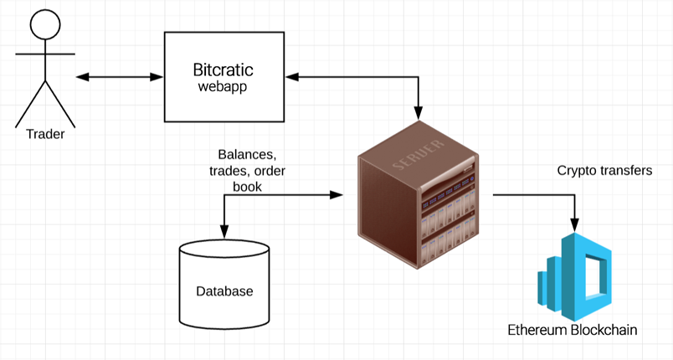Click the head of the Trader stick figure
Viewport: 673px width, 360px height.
[45, 23]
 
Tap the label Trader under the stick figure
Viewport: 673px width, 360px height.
[45, 134]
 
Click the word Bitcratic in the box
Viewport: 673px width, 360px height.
[222, 69]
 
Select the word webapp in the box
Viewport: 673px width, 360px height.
[222, 86]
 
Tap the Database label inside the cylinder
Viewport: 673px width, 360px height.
[224, 291]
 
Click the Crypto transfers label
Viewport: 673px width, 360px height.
[604, 171]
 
